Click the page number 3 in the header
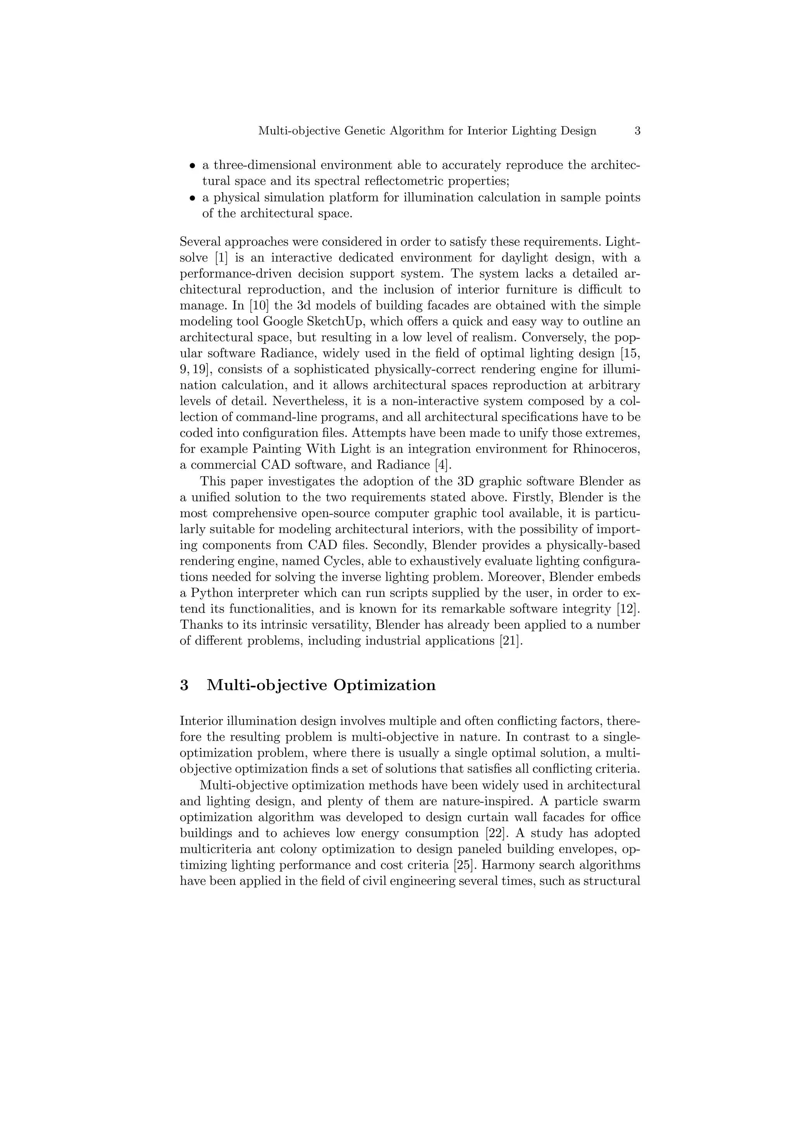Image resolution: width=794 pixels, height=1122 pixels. [x=637, y=131]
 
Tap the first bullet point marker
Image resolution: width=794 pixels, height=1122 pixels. [x=192, y=166]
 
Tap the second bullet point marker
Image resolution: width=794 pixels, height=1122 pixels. [x=192, y=198]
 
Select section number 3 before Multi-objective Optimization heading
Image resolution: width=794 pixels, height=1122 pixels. [x=184, y=685]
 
